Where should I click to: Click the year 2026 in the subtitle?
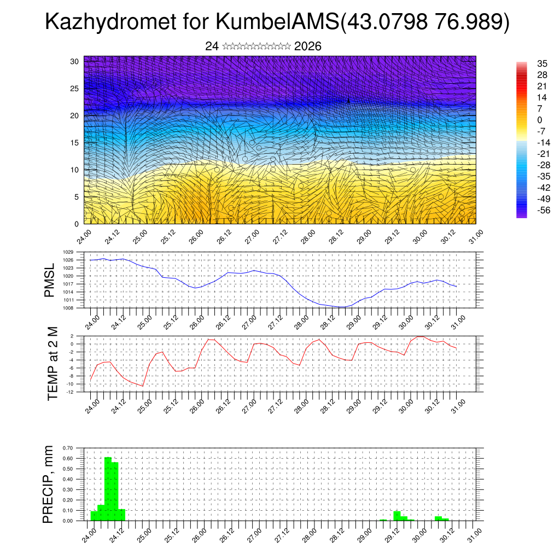click(307, 46)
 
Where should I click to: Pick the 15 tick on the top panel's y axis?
click(75, 143)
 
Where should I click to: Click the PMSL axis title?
click(50, 280)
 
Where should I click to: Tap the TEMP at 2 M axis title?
click(52, 364)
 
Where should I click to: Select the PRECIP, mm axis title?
click(48, 485)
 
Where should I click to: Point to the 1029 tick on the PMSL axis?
click(68, 252)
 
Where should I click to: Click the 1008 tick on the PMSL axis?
click(68, 308)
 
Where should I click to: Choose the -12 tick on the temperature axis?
click(70, 392)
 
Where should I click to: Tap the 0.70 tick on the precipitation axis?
click(68, 448)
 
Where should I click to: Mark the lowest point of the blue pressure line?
click(341, 307)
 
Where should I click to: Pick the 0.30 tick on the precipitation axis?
click(68, 489)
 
